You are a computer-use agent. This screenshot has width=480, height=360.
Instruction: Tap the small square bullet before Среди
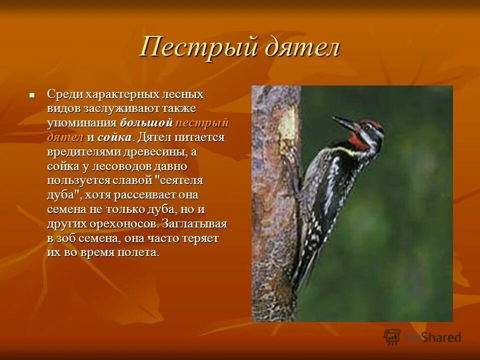click(x=32, y=94)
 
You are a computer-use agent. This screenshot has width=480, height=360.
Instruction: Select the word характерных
click(x=122, y=94)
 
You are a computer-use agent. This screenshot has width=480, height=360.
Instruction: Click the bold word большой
click(x=146, y=123)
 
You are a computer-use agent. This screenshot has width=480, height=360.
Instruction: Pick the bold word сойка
click(x=115, y=137)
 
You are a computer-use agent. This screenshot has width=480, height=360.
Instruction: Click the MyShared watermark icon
click(x=392, y=336)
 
